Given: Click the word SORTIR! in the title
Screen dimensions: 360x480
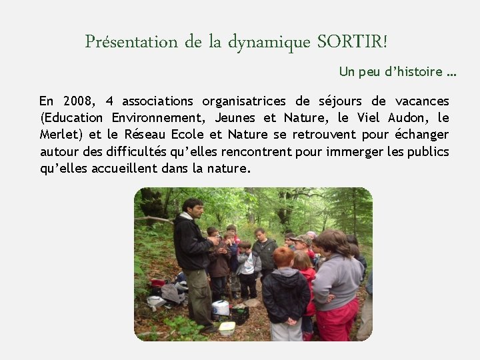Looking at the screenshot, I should click(351, 42).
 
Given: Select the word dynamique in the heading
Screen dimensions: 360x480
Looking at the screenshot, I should click(269, 43).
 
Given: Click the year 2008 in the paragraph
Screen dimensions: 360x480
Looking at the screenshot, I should click(79, 101).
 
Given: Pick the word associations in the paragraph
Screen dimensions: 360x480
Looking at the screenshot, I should click(157, 101).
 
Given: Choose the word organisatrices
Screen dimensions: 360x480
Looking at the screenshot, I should click(243, 101).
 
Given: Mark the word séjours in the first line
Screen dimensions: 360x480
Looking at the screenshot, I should click(336, 101).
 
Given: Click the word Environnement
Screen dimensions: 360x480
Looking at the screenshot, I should click(159, 118).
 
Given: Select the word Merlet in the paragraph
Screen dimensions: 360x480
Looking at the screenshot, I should click(59, 135).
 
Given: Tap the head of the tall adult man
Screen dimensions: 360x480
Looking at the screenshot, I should click(193, 209).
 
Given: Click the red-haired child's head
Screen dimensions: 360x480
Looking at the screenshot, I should click(283, 257).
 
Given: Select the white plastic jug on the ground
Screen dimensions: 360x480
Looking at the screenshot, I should click(220, 308).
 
